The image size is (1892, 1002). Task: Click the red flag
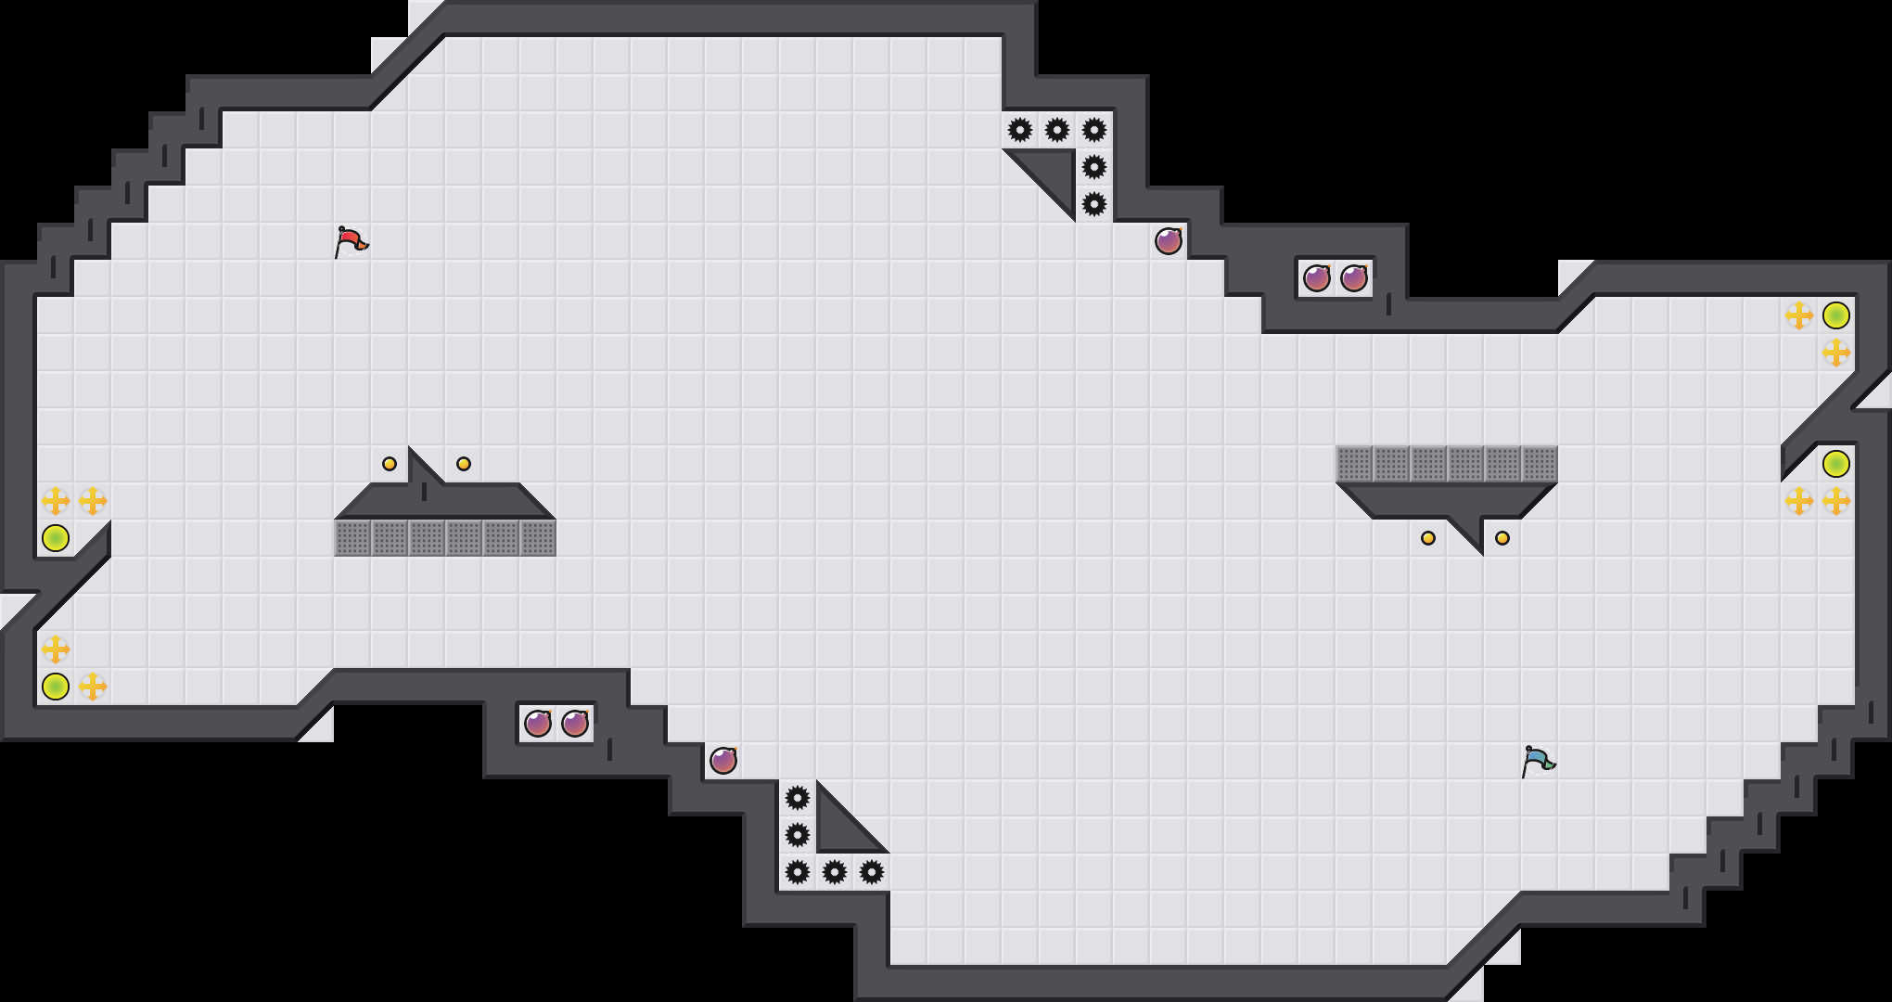tap(351, 241)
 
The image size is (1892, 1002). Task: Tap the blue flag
tap(1538, 761)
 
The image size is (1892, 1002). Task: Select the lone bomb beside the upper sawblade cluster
tap(1169, 241)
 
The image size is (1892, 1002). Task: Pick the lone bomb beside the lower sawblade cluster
tap(723, 761)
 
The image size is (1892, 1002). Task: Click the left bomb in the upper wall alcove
tap(1317, 278)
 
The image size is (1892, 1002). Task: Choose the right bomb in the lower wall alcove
tap(575, 724)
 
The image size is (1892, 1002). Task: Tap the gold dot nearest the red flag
tap(390, 464)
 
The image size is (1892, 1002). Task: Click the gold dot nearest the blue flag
tap(1502, 538)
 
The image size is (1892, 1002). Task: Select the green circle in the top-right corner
tap(1836, 315)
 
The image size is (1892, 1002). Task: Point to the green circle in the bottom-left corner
tap(56, 687)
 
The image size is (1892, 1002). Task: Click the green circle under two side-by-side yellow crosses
tap(56, 538)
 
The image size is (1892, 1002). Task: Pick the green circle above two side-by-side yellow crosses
tap(1836, 464)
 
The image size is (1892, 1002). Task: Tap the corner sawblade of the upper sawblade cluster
tap(1094, 130)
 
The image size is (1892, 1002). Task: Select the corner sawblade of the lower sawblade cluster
tap(798, 872)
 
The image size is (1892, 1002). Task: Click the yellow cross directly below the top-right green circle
tap(1836, 353)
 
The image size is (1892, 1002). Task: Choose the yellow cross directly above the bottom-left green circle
tap(56, 649)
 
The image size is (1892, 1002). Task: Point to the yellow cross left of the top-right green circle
tap(1799, 315)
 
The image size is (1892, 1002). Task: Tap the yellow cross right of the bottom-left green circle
tap(93, 687)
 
